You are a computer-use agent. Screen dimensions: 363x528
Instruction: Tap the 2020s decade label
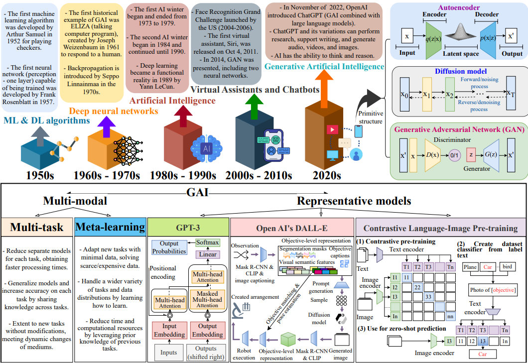click(x=326, y=175)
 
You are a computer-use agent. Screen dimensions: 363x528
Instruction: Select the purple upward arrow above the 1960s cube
click(x=105, y=127)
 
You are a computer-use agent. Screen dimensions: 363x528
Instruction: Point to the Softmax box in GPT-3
click(x=207, y=242)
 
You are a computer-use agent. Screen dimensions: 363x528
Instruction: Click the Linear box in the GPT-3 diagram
click(x=207, y=255)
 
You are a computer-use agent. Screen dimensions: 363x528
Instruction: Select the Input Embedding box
click(x=169, y=331)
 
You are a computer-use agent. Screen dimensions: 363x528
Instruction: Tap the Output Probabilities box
click(x=169, y=248)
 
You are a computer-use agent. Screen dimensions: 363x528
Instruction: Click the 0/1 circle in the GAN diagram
click(x=454, y=154)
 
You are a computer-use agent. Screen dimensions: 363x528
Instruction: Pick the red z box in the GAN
click(x=471, y=154)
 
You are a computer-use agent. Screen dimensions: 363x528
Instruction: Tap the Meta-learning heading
click(x=110, y=228)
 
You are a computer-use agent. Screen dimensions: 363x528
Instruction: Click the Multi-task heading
click(x=38, y=228)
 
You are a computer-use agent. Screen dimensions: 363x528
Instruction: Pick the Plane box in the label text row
click(x=470, y=267)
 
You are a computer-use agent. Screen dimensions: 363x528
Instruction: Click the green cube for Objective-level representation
click(x=288, y=340)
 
